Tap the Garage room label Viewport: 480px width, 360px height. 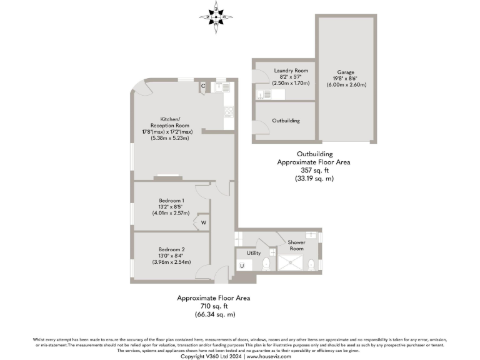(346, 72)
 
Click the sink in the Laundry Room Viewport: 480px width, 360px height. (261, 95)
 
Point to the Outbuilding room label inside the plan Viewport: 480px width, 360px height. (286, 121)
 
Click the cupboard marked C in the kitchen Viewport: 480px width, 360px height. (203, 86)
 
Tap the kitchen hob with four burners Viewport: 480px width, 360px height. (228, 112)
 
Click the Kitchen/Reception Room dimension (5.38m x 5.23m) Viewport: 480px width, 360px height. (170, 138)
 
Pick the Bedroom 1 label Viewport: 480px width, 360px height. (171, 200)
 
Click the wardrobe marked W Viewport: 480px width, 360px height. (203, 222)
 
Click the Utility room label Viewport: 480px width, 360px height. (253, 253)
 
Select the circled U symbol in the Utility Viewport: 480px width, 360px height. (242, 266)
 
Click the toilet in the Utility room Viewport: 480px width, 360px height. (267, 264)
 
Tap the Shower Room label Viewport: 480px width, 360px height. (296, 245)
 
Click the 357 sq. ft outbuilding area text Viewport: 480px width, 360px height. (314, 170)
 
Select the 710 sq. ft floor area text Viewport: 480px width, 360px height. (214, 306)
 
